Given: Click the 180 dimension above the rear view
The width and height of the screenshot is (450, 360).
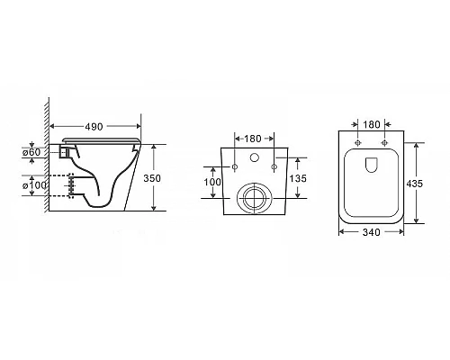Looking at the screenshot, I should coord(252,139).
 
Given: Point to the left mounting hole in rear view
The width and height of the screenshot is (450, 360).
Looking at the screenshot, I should coord(235,167).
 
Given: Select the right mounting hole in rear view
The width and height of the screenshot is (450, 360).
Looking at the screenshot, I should coord(270,167).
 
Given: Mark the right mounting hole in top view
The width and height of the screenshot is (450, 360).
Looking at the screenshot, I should coord(383,143).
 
